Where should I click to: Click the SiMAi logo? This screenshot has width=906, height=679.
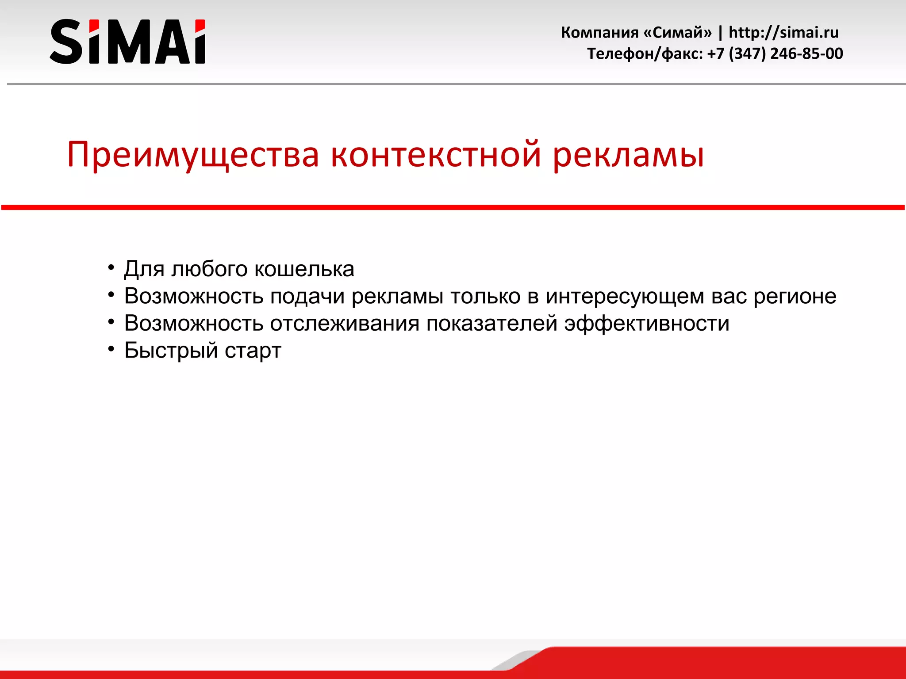click(127, 42)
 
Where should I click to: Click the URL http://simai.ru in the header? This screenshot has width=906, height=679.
click(783, 32)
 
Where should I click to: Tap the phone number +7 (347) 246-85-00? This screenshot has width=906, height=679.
click(775, 53)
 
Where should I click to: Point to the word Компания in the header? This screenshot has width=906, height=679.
click(599, 32)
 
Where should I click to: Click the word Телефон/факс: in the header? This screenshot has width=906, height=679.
click(645, 53)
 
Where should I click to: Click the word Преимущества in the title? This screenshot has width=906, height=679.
click(193, 155)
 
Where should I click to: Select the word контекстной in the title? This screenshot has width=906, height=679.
click(436, 155)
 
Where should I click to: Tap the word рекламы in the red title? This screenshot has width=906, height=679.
click(628, 155)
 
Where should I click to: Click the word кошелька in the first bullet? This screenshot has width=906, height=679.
click(304, 269)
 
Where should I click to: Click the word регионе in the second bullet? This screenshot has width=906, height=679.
click(795, 296)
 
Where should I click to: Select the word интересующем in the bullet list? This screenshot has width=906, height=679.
click(624, 296)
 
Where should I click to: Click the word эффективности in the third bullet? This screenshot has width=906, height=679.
click(646, 323)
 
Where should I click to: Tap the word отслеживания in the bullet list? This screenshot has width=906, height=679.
click(345, 323)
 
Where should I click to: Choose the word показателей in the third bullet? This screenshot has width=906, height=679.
click(491, 323)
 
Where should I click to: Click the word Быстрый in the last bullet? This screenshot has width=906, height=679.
click(171, 351)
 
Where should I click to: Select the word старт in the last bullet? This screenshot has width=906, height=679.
click(253, 351)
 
